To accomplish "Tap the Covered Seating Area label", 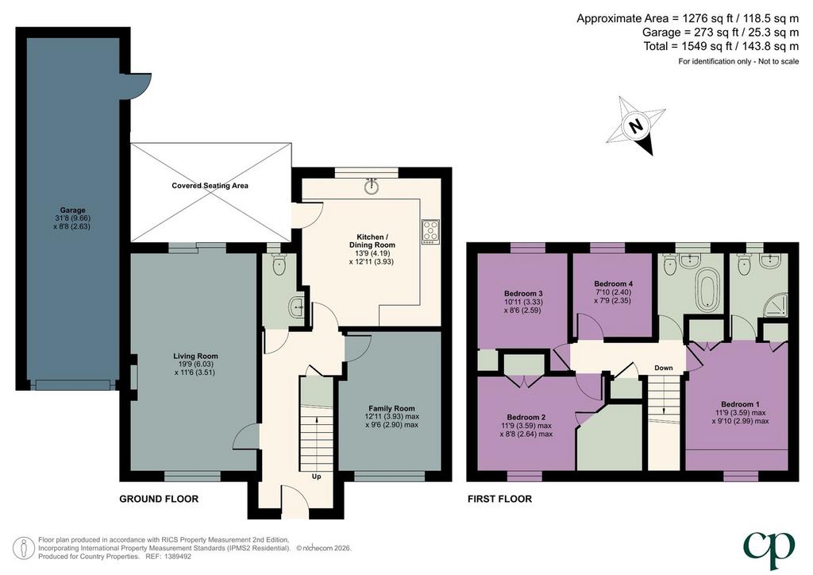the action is coord(210,186).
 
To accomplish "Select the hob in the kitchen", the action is coord(431,232).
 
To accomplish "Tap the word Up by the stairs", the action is coord(316,476).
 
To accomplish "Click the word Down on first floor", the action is coord(663,368).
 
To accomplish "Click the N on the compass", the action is coord(635,125).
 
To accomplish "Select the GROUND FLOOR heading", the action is coord(159,499).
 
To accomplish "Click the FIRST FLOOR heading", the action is coord(500,499).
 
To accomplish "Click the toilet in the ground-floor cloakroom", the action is coord(279,264).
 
